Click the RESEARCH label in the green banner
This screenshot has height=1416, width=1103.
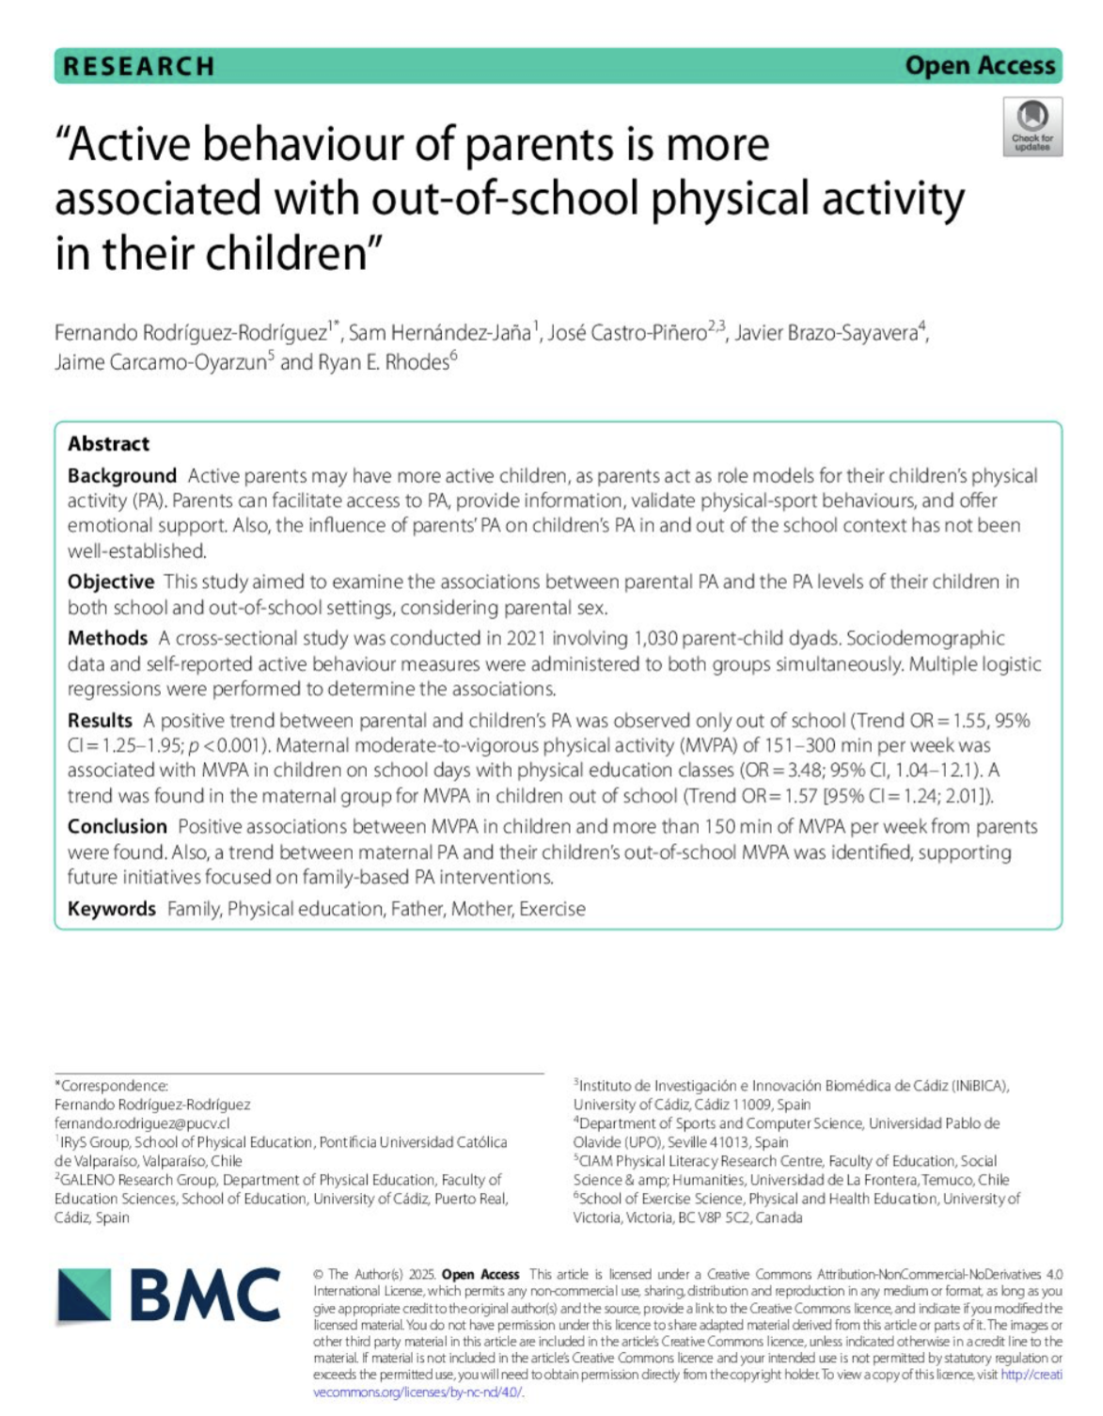(x=138, y=66)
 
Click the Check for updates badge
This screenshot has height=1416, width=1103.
(x=1032, y=127)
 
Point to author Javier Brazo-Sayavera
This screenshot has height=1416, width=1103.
(x=826, y=333)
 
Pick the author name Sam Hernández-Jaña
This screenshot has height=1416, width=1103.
(x=440, y=333)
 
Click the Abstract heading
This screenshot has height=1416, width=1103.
(x=108, y=444)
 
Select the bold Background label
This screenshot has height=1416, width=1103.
(x=121, y=476)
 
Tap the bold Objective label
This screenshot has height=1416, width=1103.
(x=110, y=581)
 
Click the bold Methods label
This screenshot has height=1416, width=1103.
(x=107, y=639)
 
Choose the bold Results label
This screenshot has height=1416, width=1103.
(x=100, y=721)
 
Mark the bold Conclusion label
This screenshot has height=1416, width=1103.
(x=117, y=827)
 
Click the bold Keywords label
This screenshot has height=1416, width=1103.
(x=111, y=909)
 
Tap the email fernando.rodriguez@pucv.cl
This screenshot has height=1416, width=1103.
(x=142, y=1123)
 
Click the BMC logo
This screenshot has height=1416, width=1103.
(x=169, y=1296)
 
